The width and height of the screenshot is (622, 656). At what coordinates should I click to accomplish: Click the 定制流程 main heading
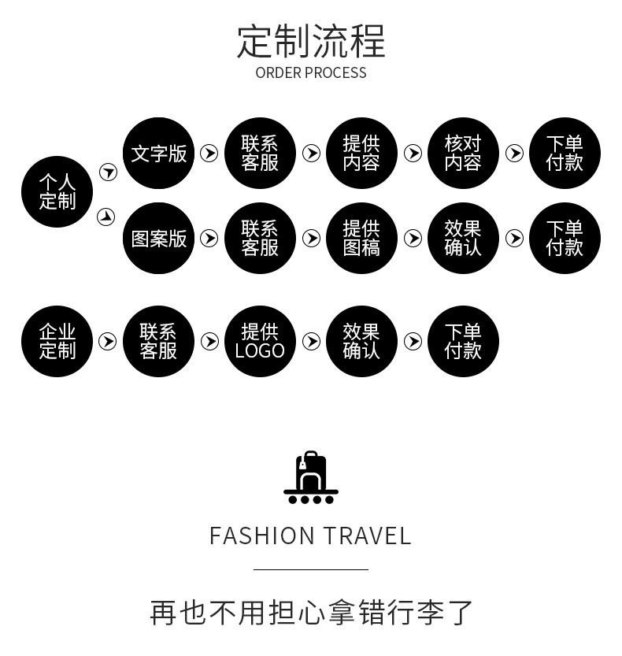tap(311, 42)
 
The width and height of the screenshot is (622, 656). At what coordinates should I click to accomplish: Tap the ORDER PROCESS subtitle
tap(311, 73)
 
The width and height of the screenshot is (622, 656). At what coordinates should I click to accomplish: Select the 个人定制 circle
tap(57, 192)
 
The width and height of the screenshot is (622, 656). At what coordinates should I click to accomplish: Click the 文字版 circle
tap(159, 153)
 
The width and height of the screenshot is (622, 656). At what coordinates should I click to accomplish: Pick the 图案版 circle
tap(159, 238)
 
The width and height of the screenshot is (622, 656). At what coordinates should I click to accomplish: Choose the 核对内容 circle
tap(463, 153)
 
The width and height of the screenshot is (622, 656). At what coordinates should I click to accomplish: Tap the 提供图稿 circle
tap(361, 238)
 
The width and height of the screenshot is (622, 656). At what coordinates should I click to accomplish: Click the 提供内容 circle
tap(361, 153)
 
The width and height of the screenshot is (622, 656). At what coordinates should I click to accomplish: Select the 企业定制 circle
tap(57, 341)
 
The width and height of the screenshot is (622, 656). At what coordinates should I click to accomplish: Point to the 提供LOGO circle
tap(260, 341)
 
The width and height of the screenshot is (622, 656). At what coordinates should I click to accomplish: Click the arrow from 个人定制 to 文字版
tap(108, 172)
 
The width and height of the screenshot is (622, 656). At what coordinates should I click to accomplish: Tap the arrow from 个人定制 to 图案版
tap(106, 217)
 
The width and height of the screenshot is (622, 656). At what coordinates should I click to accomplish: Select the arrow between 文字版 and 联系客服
tap(209, 153)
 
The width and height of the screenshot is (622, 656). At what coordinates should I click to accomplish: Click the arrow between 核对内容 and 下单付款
tap(514, 153)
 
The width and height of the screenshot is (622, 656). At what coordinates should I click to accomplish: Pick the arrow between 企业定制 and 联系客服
tap(108, 341)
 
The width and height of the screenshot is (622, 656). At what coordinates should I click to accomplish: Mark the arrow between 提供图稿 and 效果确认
tap(413, 238)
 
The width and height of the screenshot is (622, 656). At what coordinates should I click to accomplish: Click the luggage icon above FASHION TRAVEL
tap(311, 477)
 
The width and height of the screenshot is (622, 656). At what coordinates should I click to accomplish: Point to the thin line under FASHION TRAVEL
tap(311, 569)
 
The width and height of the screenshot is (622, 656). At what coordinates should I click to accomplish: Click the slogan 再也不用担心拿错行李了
tap(311, 612)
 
